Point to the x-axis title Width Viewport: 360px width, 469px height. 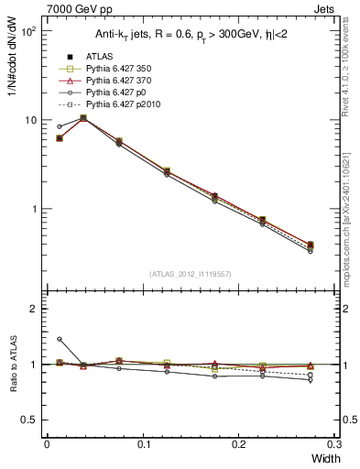pyautogui.click(x=322, y=458)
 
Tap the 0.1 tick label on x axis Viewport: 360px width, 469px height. pyautogui.click(x=143, y=444)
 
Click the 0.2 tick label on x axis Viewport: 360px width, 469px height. pyautogui.click(x=239, y=444)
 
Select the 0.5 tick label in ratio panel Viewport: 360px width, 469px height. pyautogui.click(x=30, y=420)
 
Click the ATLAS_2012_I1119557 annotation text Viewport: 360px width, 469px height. pyautogui.click(x=191, y=274)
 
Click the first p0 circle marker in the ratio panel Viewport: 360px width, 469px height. pyautogui.click(x=60, y=339)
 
